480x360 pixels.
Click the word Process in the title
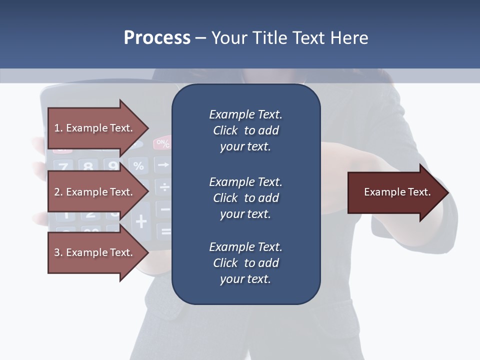(x=157, y=38)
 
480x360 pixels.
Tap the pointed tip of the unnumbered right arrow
(x=447, y=192)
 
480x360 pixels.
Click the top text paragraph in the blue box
(x=245, y=130)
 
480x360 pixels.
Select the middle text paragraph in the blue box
(x=245, y=198)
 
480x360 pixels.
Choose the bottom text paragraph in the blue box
(x=245, y=263)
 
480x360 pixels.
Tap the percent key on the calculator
(x=138, y=165)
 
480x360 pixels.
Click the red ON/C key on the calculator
(x=162, y=144)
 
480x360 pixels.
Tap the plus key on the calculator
(x=141, y=220)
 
